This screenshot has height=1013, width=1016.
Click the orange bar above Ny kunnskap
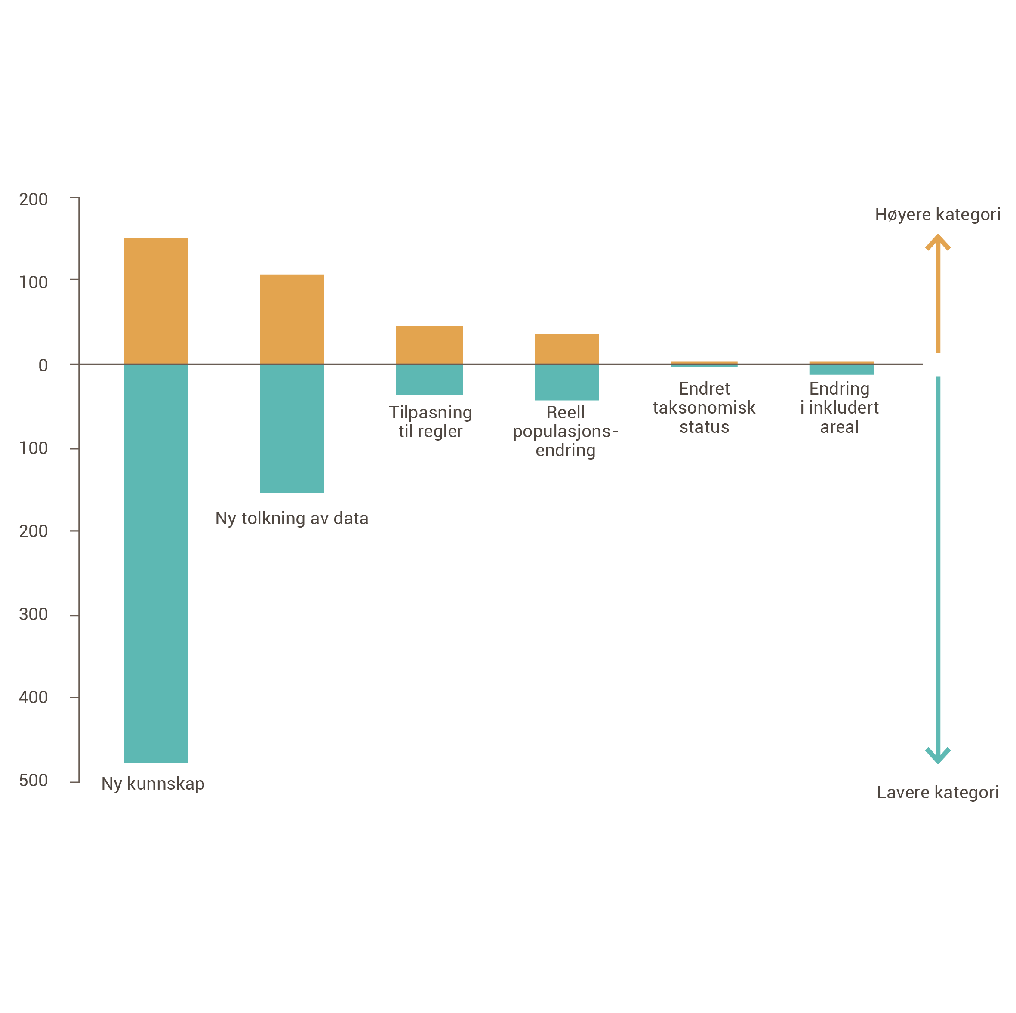tap(156, 300)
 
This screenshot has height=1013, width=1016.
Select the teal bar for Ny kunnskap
tap(156, 562)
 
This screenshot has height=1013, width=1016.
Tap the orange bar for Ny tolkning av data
tap(292, 318)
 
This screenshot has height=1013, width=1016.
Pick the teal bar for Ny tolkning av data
tap(292, 428)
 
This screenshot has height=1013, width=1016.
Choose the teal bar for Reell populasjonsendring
tap(566, 382)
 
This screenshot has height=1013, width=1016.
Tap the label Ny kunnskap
tap(153, 784)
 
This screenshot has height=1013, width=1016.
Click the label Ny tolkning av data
tap(292, 519)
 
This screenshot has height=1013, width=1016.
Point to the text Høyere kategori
tap(937, 214)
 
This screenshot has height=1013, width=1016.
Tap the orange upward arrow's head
tap(937, 241)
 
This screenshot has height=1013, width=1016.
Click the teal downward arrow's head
tap(937, 756)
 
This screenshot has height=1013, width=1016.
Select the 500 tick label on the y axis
tap(33, 780)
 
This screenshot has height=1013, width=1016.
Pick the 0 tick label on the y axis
tap(43, 365)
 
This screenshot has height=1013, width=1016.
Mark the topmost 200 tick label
tap(33, 199)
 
